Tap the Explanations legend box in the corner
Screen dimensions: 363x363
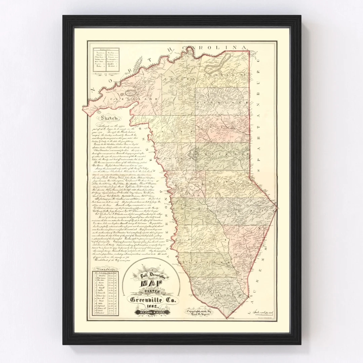click(107, 61)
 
